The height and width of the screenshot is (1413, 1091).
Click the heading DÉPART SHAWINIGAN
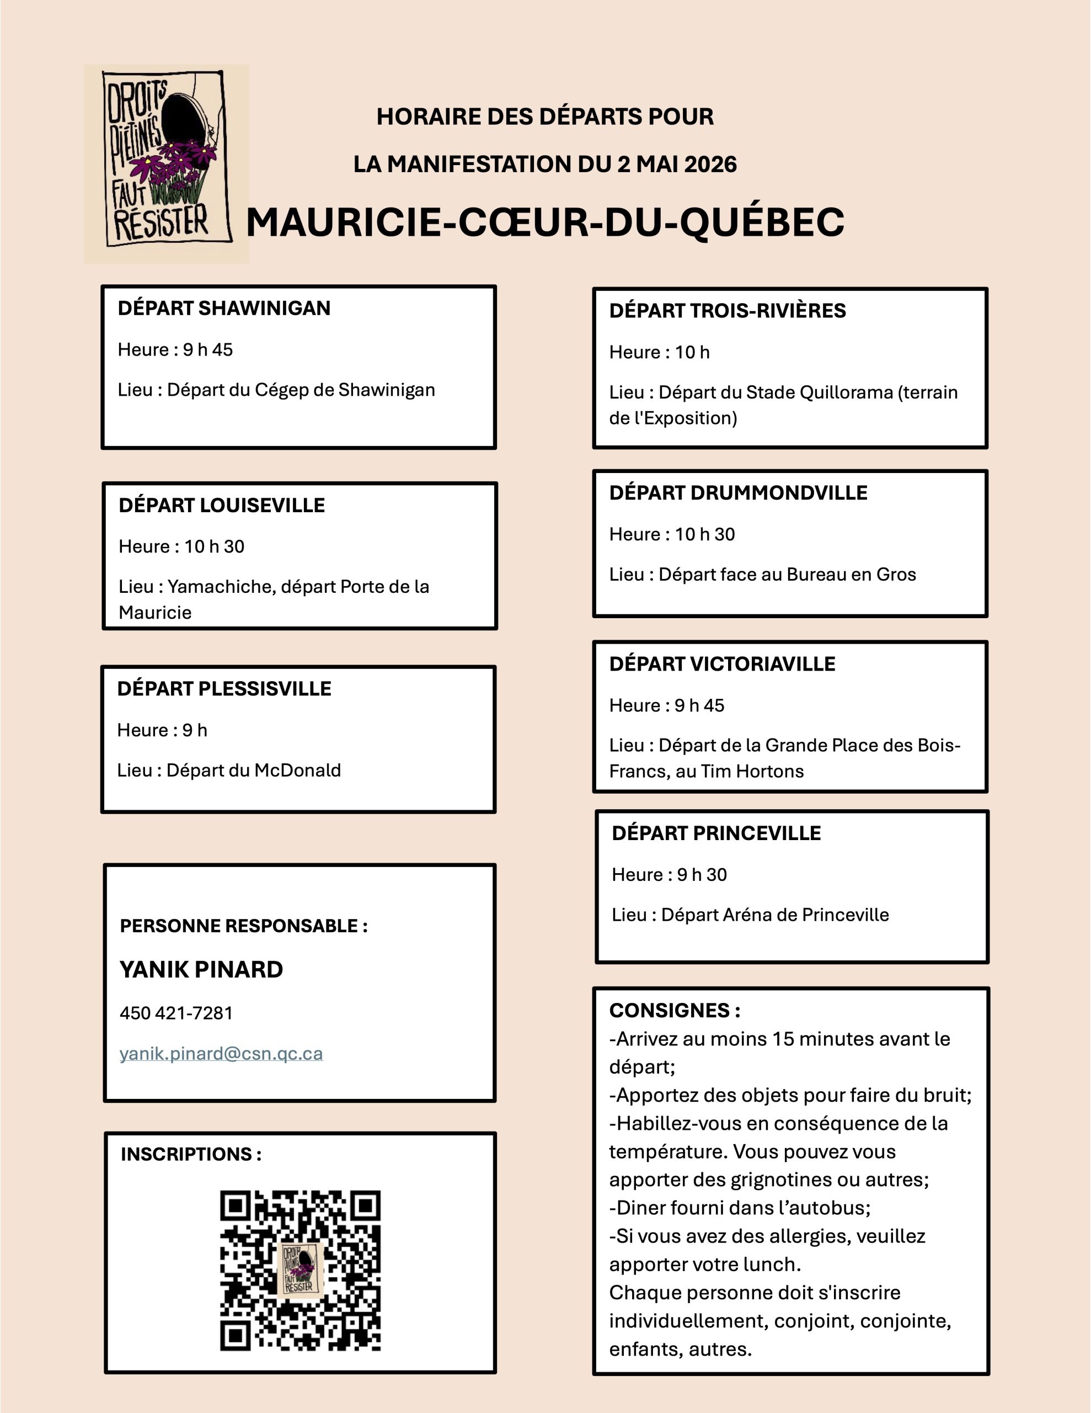click(x=224, y=309)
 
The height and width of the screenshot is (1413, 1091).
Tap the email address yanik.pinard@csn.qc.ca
click(x=221, y=1053)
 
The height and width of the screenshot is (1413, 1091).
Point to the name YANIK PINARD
click(x=201, y=969)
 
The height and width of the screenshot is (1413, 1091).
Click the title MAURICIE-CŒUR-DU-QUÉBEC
click(x=545, y=222)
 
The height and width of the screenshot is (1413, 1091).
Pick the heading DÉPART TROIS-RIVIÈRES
click(x=727, y=311)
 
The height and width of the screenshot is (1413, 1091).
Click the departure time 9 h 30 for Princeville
click(x=702, y=875)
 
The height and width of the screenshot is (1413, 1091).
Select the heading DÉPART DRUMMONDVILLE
click(x=738, y=493)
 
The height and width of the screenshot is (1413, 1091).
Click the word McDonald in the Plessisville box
click(x=297, y=771)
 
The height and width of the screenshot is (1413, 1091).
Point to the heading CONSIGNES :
click(x=675, y=1011)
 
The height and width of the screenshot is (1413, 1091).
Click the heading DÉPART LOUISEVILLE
click(x=222, y=505)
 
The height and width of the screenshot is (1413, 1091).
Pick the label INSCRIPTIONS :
click(x=191, y=1154)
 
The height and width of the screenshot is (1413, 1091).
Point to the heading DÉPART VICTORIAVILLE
click(x=722, y=665)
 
